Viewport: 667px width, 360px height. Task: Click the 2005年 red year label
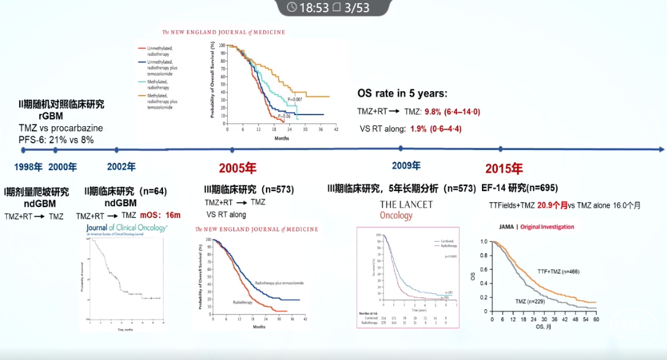click(238, 168)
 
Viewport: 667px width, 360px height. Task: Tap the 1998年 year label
click(28, 167)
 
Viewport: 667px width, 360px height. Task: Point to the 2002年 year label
click(121, 167)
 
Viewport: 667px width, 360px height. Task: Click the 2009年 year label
click(406, 165)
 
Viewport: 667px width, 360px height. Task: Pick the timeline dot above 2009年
click(401, 148)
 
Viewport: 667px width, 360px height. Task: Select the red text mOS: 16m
click(160, 216)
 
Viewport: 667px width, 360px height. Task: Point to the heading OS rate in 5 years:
click(402, 94)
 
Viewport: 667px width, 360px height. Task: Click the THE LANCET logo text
click(406, 204)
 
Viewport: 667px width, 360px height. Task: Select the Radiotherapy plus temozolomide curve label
click(279, 283)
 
